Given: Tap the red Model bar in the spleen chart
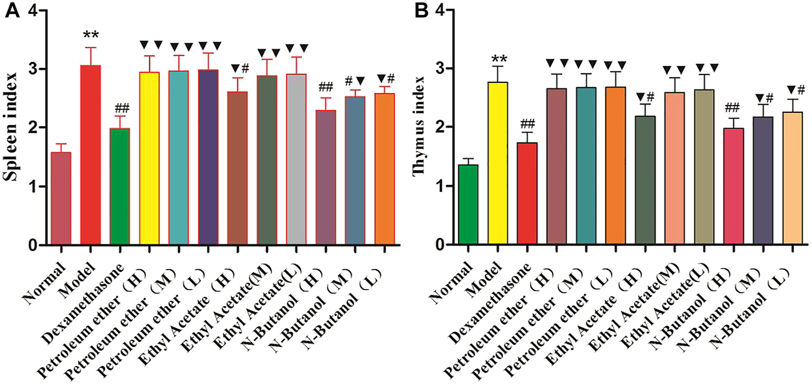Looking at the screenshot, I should (90, 155).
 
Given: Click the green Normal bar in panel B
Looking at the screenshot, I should (468, 205).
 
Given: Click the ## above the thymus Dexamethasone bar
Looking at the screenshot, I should (527, 124).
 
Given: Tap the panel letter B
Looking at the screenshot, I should (421, 11).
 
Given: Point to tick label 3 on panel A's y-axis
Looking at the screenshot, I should (34, 69).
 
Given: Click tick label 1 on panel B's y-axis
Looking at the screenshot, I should (441, 186).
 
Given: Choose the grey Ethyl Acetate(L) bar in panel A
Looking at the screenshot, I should (297, 159).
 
